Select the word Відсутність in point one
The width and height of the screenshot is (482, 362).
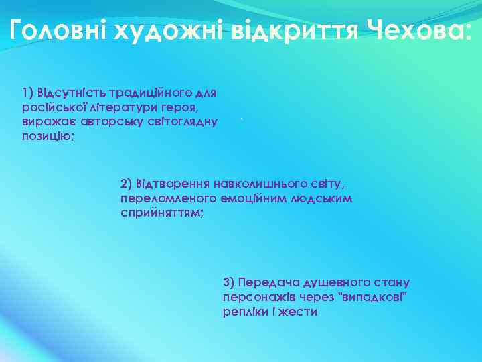66,91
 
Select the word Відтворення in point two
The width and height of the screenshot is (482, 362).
173,183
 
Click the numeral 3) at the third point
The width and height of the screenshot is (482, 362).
228,282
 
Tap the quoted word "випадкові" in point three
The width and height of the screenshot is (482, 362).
374,297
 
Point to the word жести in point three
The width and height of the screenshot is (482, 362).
301,312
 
